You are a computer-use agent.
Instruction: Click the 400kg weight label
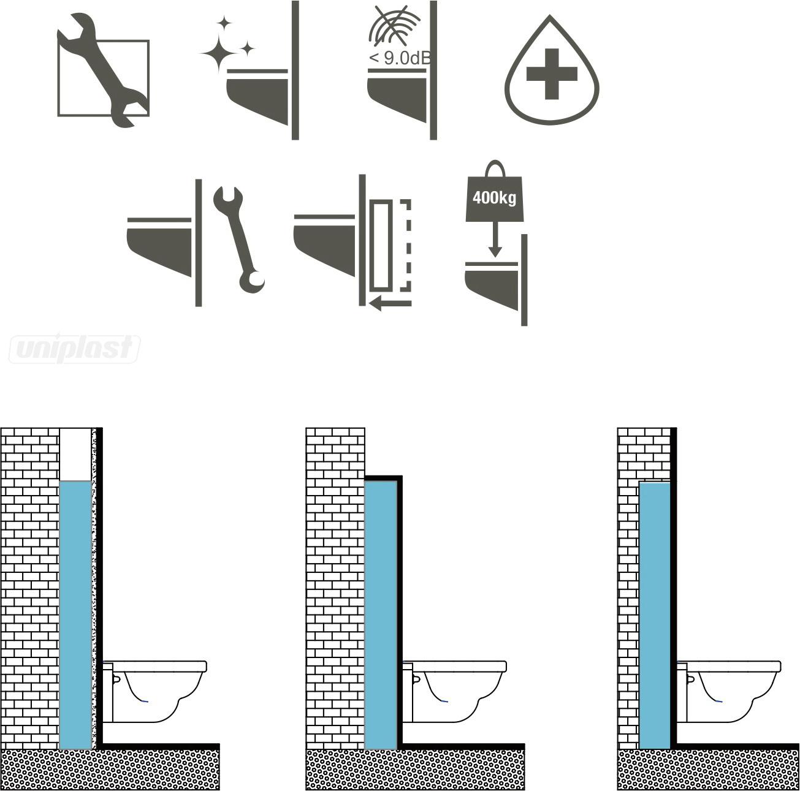(x=495, y=197)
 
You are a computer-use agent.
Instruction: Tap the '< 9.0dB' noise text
(x=400, y=58)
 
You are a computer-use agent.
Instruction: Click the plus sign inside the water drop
(x=552, y=74)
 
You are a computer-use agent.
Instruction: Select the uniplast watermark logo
(x=75, y=349)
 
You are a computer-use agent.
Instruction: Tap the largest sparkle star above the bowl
(x=219, y=53)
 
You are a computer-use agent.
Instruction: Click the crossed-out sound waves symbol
(x=394, y=26)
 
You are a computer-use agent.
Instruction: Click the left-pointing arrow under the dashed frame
(x=390, y=303)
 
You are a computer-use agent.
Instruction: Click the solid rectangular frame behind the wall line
(x=381, y=246)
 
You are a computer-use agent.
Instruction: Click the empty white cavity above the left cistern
(x=75, y=455)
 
